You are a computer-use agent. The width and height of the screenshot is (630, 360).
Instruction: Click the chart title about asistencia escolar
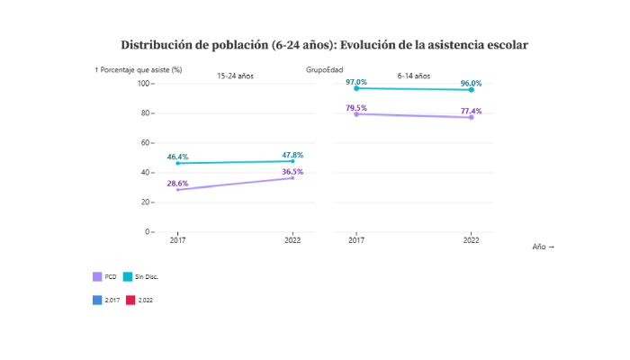[324, 44]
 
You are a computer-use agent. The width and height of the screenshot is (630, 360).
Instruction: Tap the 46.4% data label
[177, 157]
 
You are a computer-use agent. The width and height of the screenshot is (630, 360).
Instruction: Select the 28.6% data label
[177, 183]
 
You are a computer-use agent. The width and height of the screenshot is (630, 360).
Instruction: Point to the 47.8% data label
[292, 155]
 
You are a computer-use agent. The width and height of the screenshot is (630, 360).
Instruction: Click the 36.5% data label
[292, 171]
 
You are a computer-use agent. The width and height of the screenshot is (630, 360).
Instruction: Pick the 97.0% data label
[356, 82]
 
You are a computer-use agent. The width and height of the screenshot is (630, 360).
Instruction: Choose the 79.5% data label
[356, 108]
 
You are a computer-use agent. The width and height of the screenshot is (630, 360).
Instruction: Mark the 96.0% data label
[471, 84]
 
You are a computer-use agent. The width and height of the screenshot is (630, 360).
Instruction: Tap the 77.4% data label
[471, 112]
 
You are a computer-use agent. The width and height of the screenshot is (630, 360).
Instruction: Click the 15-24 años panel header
[235, 76]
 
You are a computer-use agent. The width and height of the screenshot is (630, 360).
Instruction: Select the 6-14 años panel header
[414, 76]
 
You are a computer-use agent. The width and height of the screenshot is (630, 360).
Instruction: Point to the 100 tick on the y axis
[143, 84]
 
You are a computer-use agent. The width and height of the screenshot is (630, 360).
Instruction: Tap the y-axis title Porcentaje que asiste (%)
[139, 69]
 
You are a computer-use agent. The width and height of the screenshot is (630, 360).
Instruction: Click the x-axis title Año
[543, 247]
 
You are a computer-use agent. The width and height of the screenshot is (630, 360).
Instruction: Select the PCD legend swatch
[97, 276]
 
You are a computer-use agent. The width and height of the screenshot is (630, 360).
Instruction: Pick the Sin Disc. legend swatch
[128, 276]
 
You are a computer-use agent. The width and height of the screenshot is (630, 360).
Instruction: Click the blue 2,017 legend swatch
[97, 299]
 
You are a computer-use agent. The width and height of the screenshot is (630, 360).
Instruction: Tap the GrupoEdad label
[324, 69]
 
